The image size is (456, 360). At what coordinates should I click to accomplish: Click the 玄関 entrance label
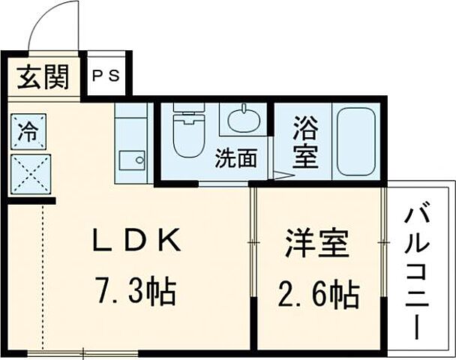click(43, 76)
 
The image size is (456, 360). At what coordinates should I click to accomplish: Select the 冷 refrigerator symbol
click(28, 133)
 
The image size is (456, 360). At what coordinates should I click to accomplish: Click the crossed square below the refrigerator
click(29, 173)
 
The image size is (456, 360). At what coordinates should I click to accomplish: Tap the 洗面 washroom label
click(236, 158)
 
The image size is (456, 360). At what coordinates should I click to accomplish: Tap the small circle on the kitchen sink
click(139, 159)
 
